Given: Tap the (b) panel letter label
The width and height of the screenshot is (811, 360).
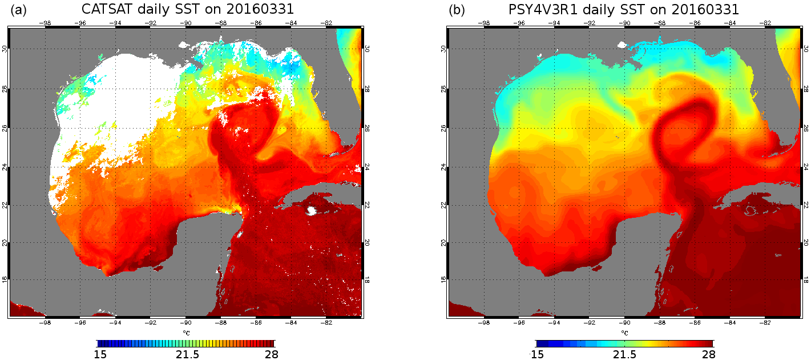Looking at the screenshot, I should point(457,10).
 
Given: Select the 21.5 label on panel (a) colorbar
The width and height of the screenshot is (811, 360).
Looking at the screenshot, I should point(187,354).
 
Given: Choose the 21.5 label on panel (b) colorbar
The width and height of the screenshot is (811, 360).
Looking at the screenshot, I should point(625,354).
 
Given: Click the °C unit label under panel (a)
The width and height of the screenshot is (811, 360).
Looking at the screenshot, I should point(186,333).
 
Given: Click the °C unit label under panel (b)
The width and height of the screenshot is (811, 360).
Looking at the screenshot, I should point(624,333).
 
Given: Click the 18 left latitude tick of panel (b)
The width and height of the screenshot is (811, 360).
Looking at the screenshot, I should point(443,279).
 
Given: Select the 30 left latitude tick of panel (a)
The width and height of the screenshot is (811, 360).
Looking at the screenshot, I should point(5,49).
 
